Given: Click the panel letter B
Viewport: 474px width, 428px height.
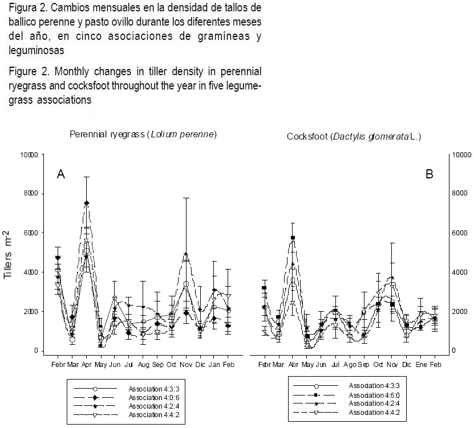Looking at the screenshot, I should point(430,174).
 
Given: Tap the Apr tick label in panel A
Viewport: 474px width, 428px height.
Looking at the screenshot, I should point(87,363).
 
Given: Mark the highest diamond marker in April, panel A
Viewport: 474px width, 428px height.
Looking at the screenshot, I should point(87,203).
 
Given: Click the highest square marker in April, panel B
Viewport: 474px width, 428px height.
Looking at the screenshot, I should point(293,238).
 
